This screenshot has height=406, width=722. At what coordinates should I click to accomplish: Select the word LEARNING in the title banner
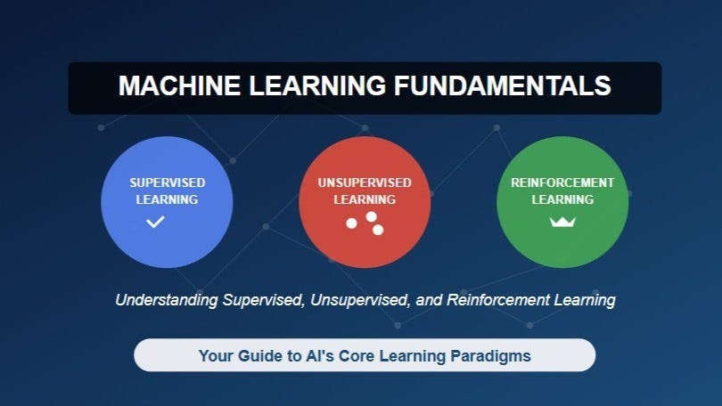pyautogui.click(x=316, y=86)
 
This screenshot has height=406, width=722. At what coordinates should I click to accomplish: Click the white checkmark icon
pyautogui.click(x=155, y=221)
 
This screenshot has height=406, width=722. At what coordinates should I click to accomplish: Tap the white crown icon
pyautogui.click(x=562, y=221)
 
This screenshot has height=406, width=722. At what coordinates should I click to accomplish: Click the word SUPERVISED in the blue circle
pyautogui.click(x=167, y=183)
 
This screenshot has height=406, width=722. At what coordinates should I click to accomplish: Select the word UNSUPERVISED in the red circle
pyautogui.click(x=365, y=183)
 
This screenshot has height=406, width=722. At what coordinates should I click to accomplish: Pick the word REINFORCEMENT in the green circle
pyautogui.click(x=562, y=183)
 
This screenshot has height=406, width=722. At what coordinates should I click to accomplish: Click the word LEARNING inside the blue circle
pyautogui.click(x=167, y=199)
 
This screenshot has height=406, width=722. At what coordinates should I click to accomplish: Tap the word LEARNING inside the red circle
pyautogui.click(x=365, y=199)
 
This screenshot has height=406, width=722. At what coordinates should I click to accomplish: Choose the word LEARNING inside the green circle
pyautogui.click(x=562, y=199)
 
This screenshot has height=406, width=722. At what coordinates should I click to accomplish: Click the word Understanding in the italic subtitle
pyautogui.click(x=167, y=300)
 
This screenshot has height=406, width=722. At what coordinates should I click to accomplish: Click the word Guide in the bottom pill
pyautogui.click(x=259, y=356)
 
